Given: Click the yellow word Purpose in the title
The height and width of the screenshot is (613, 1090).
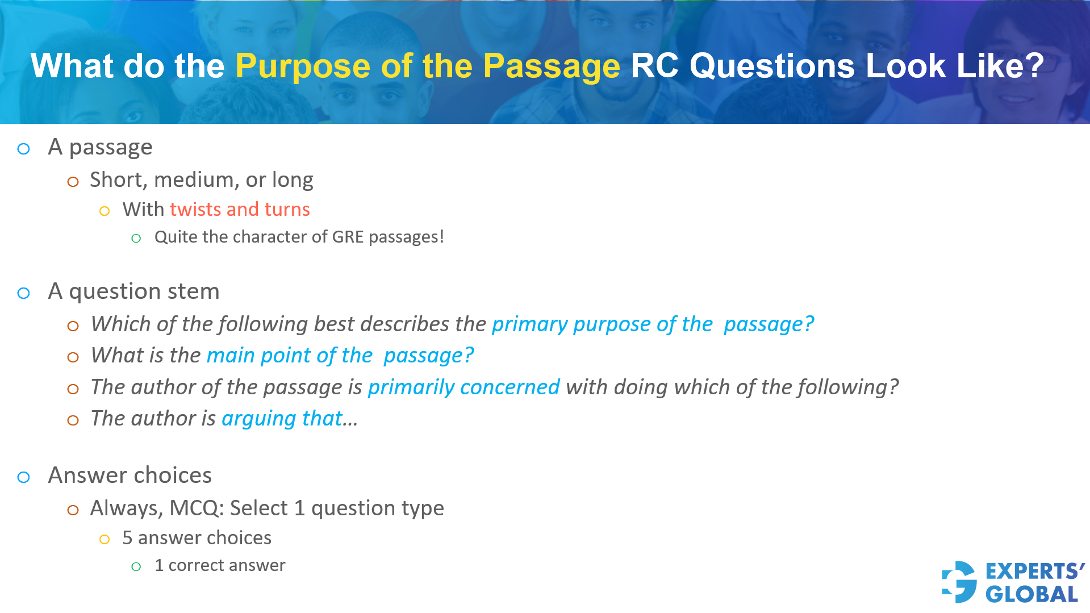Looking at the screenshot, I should pos(302,66).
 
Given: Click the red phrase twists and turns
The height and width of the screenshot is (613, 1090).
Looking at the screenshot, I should pos(239,210).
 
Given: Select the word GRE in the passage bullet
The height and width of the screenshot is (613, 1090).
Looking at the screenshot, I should pos(348,237).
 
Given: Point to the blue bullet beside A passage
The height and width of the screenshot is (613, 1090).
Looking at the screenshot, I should pos(24,149).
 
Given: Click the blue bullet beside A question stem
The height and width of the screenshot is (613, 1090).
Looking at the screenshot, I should pos(24,293).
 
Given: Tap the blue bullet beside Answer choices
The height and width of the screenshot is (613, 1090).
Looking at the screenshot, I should pos(24,477).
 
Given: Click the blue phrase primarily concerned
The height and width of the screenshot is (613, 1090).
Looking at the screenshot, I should pos(463,387).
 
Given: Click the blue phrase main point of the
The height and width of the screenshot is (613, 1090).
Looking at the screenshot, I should pos(289,356).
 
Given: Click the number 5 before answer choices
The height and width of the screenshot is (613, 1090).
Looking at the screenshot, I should pos(127,538).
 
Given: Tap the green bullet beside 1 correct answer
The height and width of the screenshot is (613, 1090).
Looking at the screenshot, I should pos(136,566).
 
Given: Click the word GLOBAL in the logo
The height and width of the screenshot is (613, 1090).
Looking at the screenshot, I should pos(1031,594).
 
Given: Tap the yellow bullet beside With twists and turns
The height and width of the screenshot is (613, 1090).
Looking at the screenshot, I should pos(105,211).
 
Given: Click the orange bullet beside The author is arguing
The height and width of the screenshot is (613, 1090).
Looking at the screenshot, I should pos(73,420).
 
